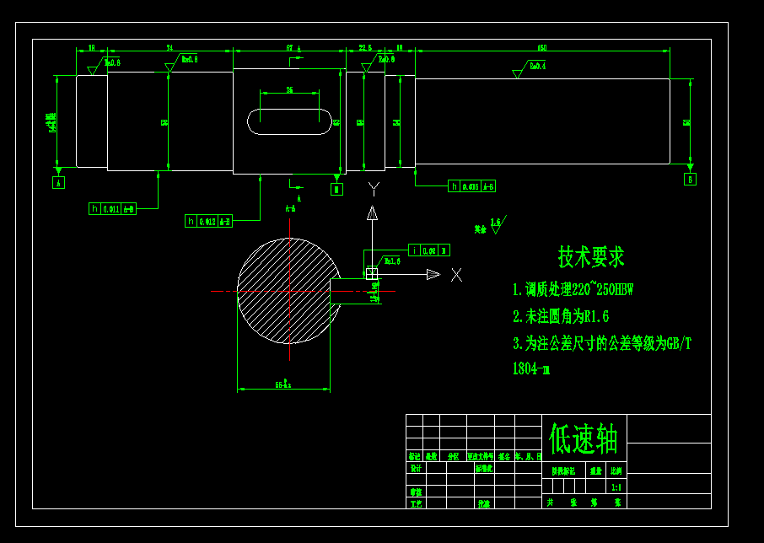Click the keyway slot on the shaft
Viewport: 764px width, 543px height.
(289, 121)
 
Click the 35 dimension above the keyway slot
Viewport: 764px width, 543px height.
(289, 89)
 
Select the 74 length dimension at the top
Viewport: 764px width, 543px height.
(169, 48)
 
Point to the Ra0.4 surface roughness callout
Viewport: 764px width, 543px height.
(536, 66)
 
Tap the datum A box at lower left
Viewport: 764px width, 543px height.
(58, 182)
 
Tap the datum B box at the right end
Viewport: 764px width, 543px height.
(691, 179)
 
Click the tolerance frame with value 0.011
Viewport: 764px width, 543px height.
(112, 208)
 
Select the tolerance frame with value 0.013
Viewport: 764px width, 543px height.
(208, 221)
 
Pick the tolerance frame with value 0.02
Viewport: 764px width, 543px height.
(428, 250)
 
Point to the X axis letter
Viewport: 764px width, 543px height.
(456, 275)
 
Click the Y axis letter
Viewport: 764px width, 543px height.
(374, 187)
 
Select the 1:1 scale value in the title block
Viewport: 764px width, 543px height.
(616, 487)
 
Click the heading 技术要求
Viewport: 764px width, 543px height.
(591, 256)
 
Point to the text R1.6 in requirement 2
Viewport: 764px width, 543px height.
(596, 316)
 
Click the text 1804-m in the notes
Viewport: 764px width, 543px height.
(531, 368)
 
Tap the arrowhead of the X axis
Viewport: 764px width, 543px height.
(433, 274)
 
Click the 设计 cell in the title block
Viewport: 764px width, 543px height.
(416, 468)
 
